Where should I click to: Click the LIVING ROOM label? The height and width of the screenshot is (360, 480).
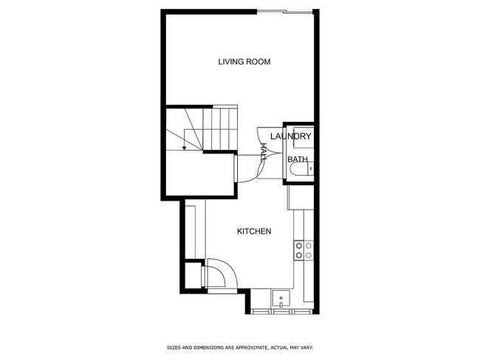(x=244, y=62)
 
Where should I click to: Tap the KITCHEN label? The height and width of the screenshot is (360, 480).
(x=254, y=232)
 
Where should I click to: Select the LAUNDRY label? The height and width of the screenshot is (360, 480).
(x=290, y=136)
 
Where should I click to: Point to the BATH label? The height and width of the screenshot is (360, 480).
(x=298, y=159)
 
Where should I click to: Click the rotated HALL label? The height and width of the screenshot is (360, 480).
(x=264, y=153)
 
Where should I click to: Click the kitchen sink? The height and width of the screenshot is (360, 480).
(x=281, y=300)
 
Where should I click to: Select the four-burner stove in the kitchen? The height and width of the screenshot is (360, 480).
(x=304, y=251)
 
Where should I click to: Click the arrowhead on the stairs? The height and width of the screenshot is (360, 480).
(x=184, y=148)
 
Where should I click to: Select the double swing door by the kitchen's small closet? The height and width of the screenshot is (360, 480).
(x=219, y=274)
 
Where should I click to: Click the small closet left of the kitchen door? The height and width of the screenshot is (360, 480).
(x=193, y=275)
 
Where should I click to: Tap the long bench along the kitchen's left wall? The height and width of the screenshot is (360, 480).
(x=191, y=229)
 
